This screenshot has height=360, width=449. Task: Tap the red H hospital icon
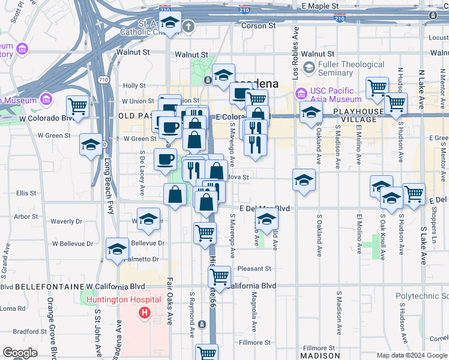click(144, 313)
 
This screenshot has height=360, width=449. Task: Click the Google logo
click(20, 353)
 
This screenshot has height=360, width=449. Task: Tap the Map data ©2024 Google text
click(411, 355)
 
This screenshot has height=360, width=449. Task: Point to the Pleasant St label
click(254, 268)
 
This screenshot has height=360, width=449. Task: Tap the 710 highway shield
click(103, 79)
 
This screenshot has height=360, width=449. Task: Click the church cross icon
click(188, 26)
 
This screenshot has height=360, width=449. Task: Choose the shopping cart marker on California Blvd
click(219, 277)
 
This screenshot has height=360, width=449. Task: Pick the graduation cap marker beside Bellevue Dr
click(117, 248)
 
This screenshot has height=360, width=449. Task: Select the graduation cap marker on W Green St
click(91, 144)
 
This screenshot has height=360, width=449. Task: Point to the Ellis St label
click(26, 193)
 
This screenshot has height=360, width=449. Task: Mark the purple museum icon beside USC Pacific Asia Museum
click(301, 94)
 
